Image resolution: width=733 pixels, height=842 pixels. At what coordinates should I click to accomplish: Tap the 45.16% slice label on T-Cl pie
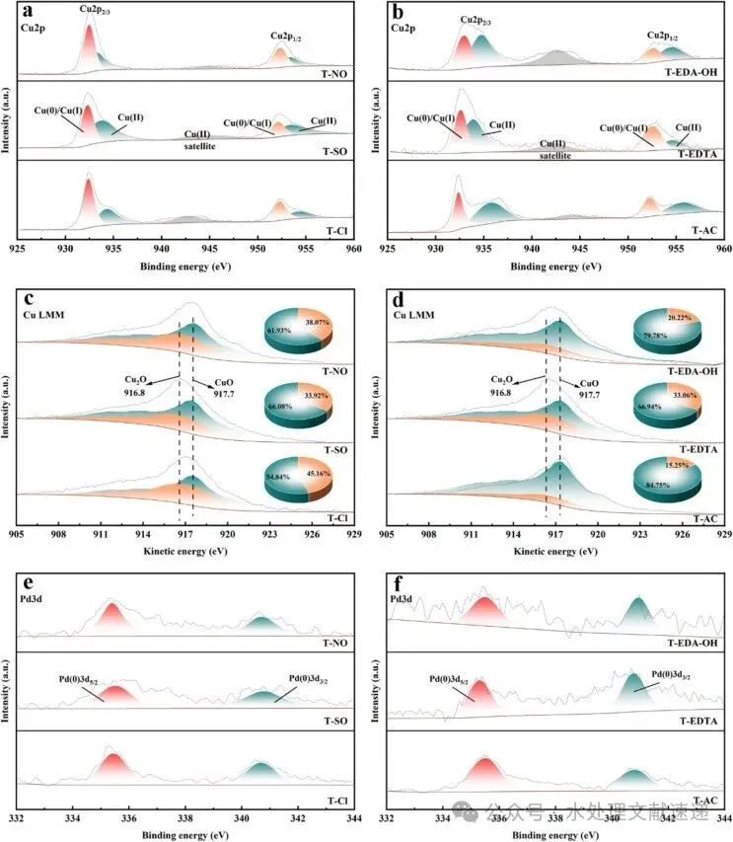(314, 470)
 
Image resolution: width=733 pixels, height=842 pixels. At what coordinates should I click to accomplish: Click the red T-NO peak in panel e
(110, 614)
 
